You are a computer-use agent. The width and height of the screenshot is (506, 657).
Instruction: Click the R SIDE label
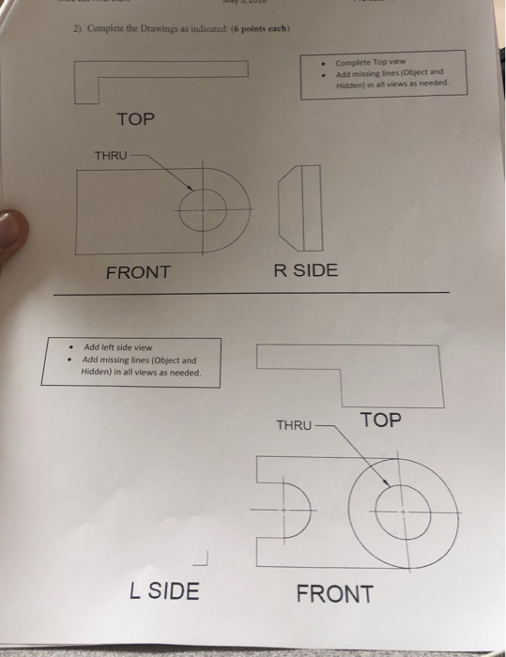tap(306, 270)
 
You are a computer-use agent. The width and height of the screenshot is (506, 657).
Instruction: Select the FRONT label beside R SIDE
tap(138, 272)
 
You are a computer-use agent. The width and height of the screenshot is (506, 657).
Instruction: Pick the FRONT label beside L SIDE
tap(334, 593)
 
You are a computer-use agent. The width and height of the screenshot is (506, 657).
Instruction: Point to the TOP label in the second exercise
tap(379, 420)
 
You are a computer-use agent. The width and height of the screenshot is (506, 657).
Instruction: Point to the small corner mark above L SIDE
tap(199, 560)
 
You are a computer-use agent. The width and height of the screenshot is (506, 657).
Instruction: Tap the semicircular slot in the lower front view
tap(292, 510)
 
